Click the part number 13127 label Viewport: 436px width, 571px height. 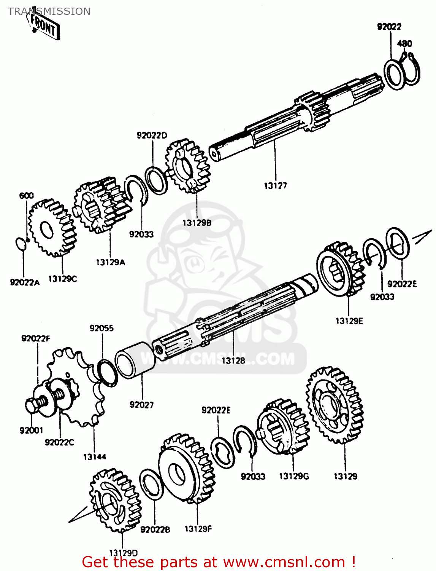pyautogui.click(x=275, y=186)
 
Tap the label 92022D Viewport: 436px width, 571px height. pyautogui.click(x=152, y=136)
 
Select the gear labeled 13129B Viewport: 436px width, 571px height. pyautogui.click(x=188, y=166)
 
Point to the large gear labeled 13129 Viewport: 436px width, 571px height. pyautogui.click(x=335, y=405)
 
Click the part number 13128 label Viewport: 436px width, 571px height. pyautogui.click(x=233, y=360)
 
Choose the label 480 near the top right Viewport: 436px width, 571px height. pyautogui.click(x=404, y=43)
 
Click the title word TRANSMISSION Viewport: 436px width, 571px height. pyautogui.click(x=49, y=11)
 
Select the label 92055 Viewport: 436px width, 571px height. pyautogui.click(x=101, y=328)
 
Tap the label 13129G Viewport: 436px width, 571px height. pyautogui.click(x=294, y=476)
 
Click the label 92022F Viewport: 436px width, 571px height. pyautogui.click(x=36, y=338)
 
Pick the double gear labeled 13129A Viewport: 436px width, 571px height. pyautogui.click(x=101, y=206)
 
